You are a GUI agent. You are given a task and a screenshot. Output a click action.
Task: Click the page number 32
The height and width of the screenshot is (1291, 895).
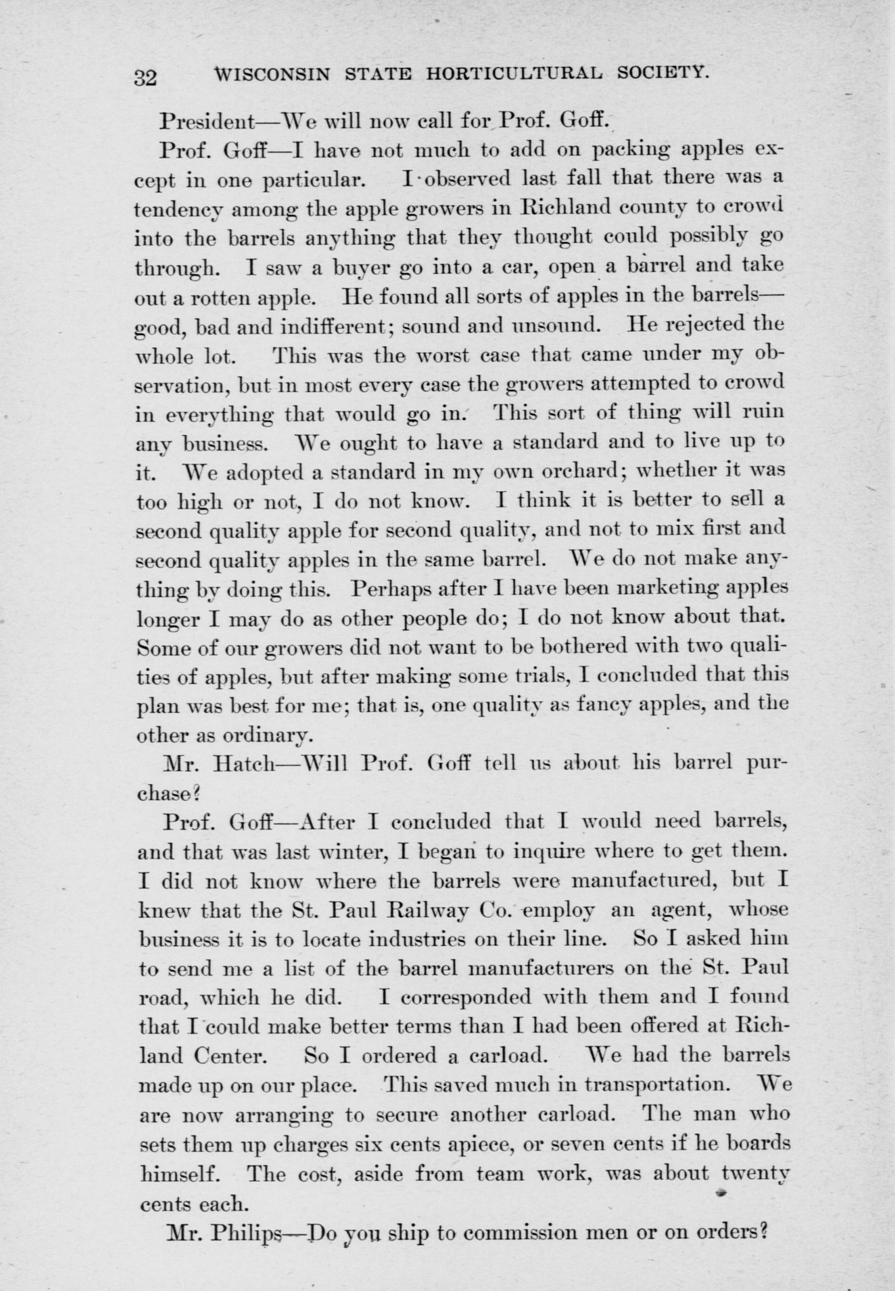click(145, 77)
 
